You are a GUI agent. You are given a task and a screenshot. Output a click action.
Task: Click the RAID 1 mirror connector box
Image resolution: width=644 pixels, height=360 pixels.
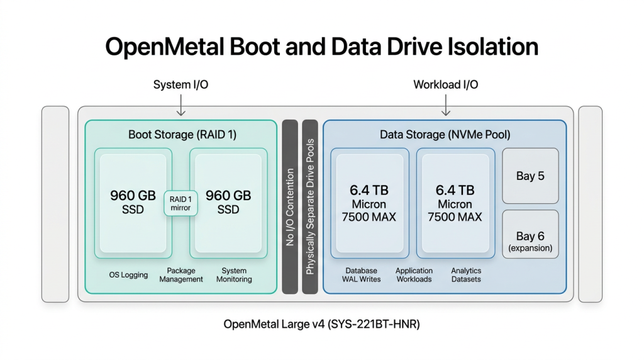click(x=180, y=203)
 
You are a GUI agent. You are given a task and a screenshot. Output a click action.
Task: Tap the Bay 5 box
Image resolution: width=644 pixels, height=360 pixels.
click(x=530, y=176)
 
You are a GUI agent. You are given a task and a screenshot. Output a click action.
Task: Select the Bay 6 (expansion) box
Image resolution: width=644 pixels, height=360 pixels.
click(x=530, y=241)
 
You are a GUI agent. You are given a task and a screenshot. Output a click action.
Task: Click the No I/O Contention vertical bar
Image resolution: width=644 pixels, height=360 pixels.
click(x=290, y=206)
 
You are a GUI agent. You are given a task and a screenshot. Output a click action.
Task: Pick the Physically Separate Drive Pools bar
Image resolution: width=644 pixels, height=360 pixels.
click(x=310, y=206)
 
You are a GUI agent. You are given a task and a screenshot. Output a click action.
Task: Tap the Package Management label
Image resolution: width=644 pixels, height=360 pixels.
click(x=181, y=275)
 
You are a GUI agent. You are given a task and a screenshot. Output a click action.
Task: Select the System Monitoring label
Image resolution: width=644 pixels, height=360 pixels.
click(x=234, y=275)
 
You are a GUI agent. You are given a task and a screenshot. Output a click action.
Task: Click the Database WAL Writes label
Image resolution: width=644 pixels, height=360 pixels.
click(x=361, y=275)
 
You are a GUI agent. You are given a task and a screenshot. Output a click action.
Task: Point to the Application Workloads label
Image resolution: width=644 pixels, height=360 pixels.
click(x=414, y=275)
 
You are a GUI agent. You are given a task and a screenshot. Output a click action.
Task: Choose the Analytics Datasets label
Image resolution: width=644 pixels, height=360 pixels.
click(x=466, y=275)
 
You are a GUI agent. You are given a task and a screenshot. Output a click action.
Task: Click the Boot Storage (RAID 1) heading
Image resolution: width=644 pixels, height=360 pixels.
click(x=182, y=134)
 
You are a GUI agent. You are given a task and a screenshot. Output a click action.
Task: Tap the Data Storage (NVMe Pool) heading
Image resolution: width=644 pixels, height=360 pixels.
click(x=445, y=134)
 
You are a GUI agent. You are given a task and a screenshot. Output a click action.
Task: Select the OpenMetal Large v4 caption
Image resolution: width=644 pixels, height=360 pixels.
click(x=321, y=325)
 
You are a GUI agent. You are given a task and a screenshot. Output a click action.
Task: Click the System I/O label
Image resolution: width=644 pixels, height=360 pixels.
click(x=181, y=84)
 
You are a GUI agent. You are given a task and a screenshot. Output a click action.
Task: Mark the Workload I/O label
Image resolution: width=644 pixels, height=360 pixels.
click(x=445, y=84)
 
